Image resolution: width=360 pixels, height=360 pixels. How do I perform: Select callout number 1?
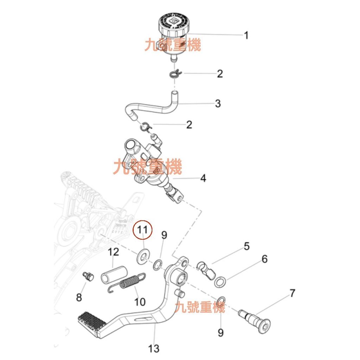point(246,35)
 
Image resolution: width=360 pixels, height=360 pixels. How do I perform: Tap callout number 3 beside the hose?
point(218,104)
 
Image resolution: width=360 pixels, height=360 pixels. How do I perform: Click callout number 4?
point(203,178)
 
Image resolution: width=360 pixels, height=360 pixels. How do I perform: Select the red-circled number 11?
point(143,230)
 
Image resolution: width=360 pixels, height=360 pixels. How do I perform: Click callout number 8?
point(79,297)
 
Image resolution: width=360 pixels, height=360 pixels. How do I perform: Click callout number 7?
point(292,293)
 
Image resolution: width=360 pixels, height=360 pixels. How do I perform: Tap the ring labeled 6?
point(220,281)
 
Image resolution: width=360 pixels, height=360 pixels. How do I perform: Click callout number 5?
point(246,246)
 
